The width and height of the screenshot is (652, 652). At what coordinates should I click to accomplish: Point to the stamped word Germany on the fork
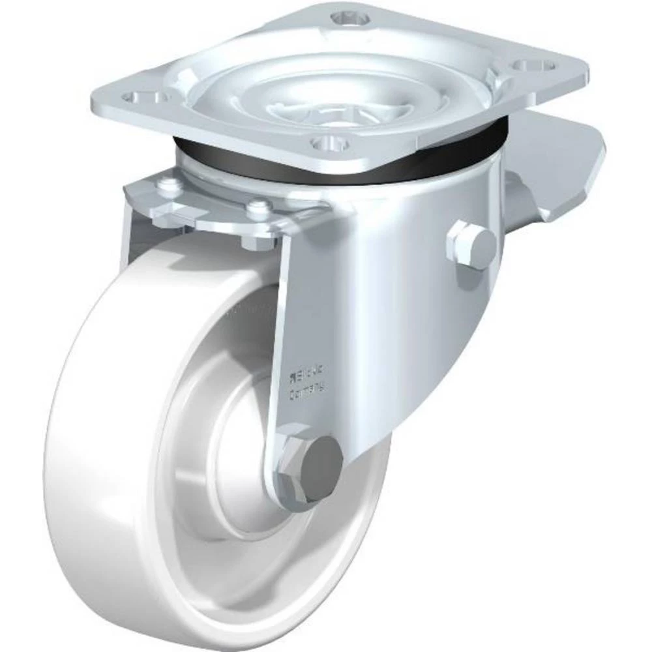tap(306, 391)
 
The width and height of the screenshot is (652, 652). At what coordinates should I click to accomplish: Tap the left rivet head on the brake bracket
tap(171, 185)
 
